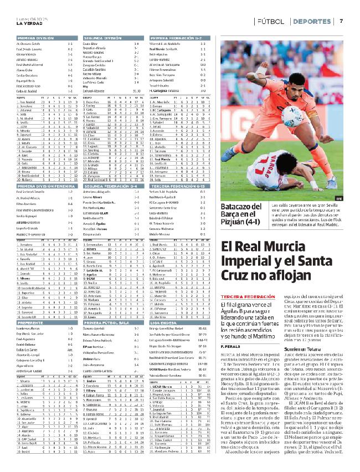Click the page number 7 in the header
point(341,21)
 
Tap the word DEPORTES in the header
point(312,21)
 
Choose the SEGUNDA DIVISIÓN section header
point(102,38)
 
